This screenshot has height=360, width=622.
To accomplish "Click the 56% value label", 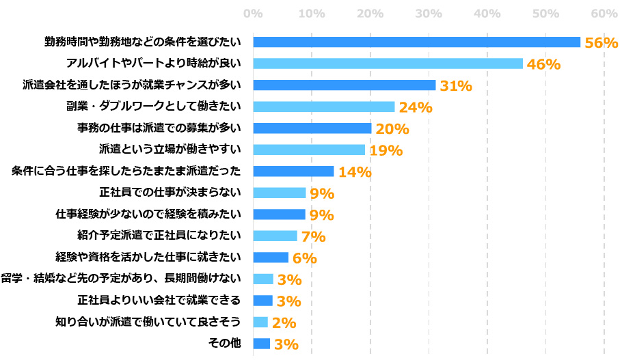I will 601,42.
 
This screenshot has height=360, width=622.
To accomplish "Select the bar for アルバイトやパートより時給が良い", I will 388,64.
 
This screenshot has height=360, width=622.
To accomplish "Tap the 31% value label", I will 455,85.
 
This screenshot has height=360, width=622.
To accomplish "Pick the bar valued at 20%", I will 312,128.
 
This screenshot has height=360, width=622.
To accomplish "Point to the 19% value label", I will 386,150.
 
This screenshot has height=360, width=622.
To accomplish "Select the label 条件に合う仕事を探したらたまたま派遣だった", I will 126,171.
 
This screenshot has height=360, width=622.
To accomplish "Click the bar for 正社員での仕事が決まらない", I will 280,193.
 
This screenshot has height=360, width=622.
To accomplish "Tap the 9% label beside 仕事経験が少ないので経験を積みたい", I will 321,215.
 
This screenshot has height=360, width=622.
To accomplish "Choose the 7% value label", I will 313,237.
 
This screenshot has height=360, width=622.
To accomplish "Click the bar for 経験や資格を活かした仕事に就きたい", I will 271,258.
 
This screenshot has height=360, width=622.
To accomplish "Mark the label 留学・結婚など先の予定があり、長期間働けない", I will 121,279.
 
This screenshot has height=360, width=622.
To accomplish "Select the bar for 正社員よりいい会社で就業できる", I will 263,301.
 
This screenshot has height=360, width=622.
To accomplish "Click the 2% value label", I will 283,322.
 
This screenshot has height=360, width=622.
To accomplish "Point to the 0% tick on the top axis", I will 253,14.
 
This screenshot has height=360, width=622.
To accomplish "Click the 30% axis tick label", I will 429,14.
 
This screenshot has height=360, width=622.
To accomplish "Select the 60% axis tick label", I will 604,14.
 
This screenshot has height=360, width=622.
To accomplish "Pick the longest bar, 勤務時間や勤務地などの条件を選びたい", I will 416,42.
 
